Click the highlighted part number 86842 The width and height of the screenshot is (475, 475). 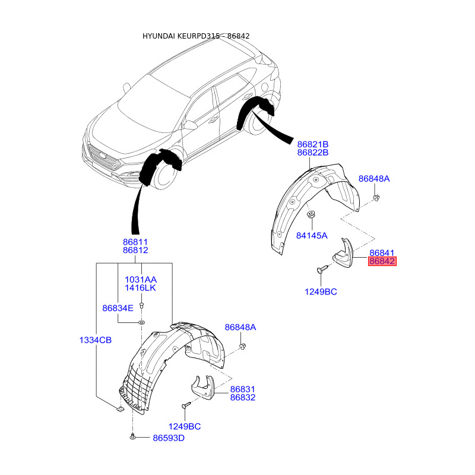point(382,261)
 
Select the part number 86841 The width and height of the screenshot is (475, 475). point(382,253)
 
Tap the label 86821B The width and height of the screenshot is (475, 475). point(313,144)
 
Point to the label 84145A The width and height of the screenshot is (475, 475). point(312,235)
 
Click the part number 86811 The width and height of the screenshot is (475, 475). point(135,242)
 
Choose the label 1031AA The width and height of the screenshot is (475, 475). point(140,279)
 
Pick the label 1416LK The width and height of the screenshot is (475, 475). point(140,288)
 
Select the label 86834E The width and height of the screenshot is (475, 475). point(118,308)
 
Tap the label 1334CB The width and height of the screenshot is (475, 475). point(96,340)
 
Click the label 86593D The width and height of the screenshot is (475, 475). point(169,438)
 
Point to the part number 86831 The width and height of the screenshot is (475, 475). point(243,389)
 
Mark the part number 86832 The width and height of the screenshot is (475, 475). point(243,397)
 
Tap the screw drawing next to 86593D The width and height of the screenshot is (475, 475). point(132,438)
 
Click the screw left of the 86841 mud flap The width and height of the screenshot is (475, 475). point(322,269)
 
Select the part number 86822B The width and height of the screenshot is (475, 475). point(313,153)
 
